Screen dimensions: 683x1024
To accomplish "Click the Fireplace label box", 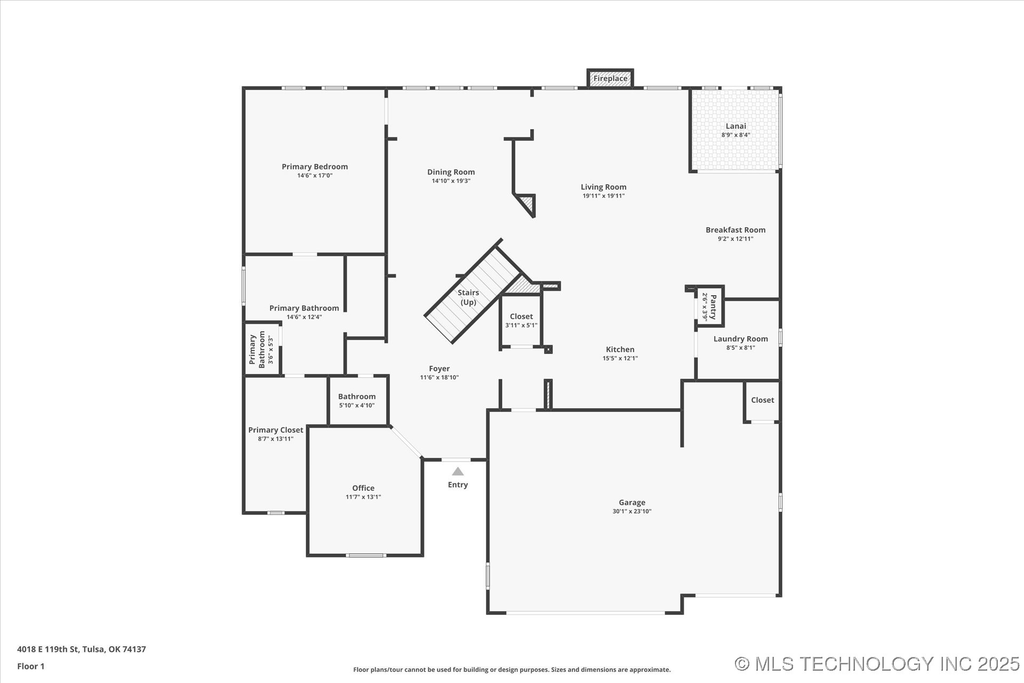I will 610,78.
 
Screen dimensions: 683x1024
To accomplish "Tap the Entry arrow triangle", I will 458,471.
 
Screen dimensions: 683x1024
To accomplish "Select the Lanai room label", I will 735,126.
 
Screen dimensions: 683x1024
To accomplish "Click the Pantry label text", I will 713,307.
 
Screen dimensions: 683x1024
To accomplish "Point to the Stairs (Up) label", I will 468,297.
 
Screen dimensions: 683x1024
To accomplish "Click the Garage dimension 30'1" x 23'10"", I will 631,511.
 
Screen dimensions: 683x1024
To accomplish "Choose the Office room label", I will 363,488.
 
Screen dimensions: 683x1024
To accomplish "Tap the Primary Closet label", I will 275,430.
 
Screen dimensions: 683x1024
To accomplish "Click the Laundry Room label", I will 740,339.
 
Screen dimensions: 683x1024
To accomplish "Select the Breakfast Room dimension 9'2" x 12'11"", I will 735,239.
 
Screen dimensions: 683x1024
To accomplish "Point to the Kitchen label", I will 620,350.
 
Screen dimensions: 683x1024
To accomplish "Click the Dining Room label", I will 451,172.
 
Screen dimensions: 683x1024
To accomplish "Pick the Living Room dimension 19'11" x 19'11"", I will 603,196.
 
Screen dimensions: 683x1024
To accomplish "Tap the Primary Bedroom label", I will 315,166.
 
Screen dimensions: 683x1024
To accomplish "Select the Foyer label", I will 439,369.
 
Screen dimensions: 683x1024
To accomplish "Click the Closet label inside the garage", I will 762,400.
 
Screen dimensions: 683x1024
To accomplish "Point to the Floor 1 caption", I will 31,666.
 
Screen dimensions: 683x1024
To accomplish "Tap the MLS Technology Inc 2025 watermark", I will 877,664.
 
